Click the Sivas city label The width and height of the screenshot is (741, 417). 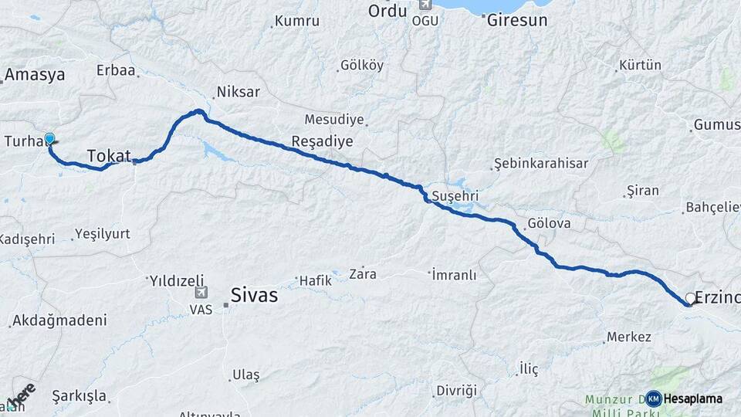click(x=254, y=295)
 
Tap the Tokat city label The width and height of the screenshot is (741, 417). click(x=109, y=156)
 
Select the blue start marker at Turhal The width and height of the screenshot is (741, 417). click(x=49, y=139)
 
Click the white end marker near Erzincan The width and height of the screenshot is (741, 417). click(x=690, y=297)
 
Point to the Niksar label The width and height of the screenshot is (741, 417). click(x=239, y=92)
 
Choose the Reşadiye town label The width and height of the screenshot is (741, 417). click(x=322, y=141)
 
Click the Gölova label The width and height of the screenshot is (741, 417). click(x=548, y=224)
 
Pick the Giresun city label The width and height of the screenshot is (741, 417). click(x=516, y=21)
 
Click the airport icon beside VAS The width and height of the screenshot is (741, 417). click(x=201, y=293)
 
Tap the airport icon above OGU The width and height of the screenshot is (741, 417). click(x=424, y=5)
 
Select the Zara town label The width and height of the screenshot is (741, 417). click(x=362, y=273)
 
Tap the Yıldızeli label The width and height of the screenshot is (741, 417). click(x=176, y=280)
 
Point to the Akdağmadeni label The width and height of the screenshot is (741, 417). click(x=59, y=320)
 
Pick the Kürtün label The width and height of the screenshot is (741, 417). click(x=641, y=65)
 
